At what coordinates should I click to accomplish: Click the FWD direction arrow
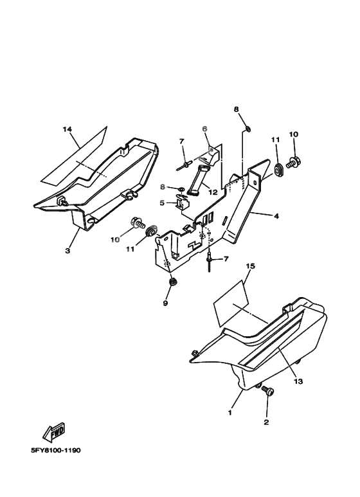(x=54, y=432)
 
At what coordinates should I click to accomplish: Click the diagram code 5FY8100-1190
(x=56, y=450)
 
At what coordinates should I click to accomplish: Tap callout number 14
(x=67, y=129)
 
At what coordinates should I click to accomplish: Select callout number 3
(x=67, y=251)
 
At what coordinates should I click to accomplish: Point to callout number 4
(x=276, y=216)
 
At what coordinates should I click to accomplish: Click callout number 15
(x=250, y=266)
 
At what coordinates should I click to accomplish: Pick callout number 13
(x=298, y=381)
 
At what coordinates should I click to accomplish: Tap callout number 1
(x=230, y=413)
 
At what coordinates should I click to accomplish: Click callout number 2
(x=266, y=422)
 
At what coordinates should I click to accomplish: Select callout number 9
(x=165, y=303)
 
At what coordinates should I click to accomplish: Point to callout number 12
(x=213, y=192)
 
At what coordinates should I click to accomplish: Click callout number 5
(x=162, y=203)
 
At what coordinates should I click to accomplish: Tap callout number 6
(x=204, y=129)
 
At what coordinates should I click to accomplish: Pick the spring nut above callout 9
(x=173, y=282)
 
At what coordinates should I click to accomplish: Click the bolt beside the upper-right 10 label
(x=293, y=163)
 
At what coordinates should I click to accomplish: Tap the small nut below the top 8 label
(x=248, y=129)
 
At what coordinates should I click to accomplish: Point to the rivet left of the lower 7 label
(x=210, y=263)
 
